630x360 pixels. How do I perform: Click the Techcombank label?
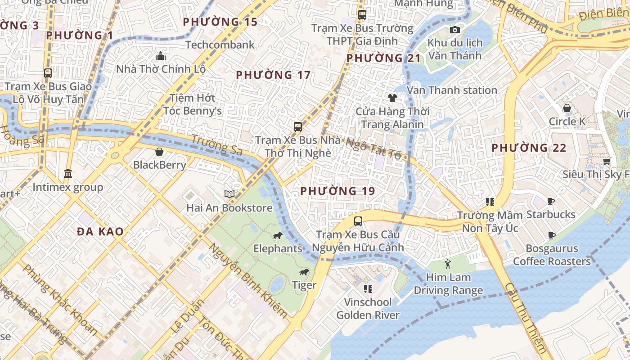point(220,45)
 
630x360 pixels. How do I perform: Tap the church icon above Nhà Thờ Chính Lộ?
point(161,56)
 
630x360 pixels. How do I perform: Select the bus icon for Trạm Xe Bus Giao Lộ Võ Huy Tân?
point(48,73)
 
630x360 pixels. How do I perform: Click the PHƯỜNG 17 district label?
point(273,75)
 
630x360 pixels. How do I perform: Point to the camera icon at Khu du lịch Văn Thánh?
point(455,30)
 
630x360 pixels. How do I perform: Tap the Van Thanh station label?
point(452,90)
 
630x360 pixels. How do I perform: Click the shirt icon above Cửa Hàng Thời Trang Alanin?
point(392,98)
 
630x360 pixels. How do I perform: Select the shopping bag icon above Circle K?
point(567,108)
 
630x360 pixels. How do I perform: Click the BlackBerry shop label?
point(159,165)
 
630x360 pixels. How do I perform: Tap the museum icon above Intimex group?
point(68,173)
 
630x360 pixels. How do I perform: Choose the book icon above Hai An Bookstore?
point(229,194)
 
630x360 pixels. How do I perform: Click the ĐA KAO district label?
point(100,232)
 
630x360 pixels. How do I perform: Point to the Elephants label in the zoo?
point(278,248)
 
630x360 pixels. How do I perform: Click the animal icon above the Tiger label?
point(305,272)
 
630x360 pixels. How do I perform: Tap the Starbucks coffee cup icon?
point(551,201)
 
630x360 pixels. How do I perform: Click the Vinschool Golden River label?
point(368,308)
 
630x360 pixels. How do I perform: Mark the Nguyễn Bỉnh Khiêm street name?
point(247,281)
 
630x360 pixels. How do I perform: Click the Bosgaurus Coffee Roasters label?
point(552,255)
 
